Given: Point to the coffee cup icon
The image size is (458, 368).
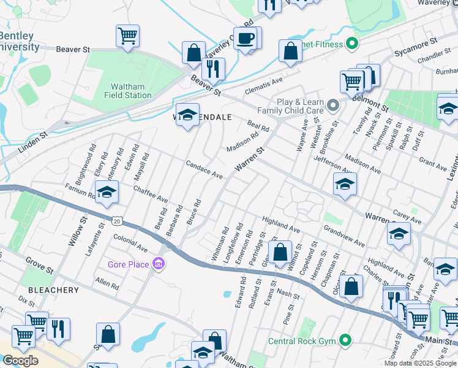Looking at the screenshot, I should point(246,39).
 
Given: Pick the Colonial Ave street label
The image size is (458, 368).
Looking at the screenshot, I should point(130,243).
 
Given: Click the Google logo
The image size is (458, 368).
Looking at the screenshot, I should point(20,361).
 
